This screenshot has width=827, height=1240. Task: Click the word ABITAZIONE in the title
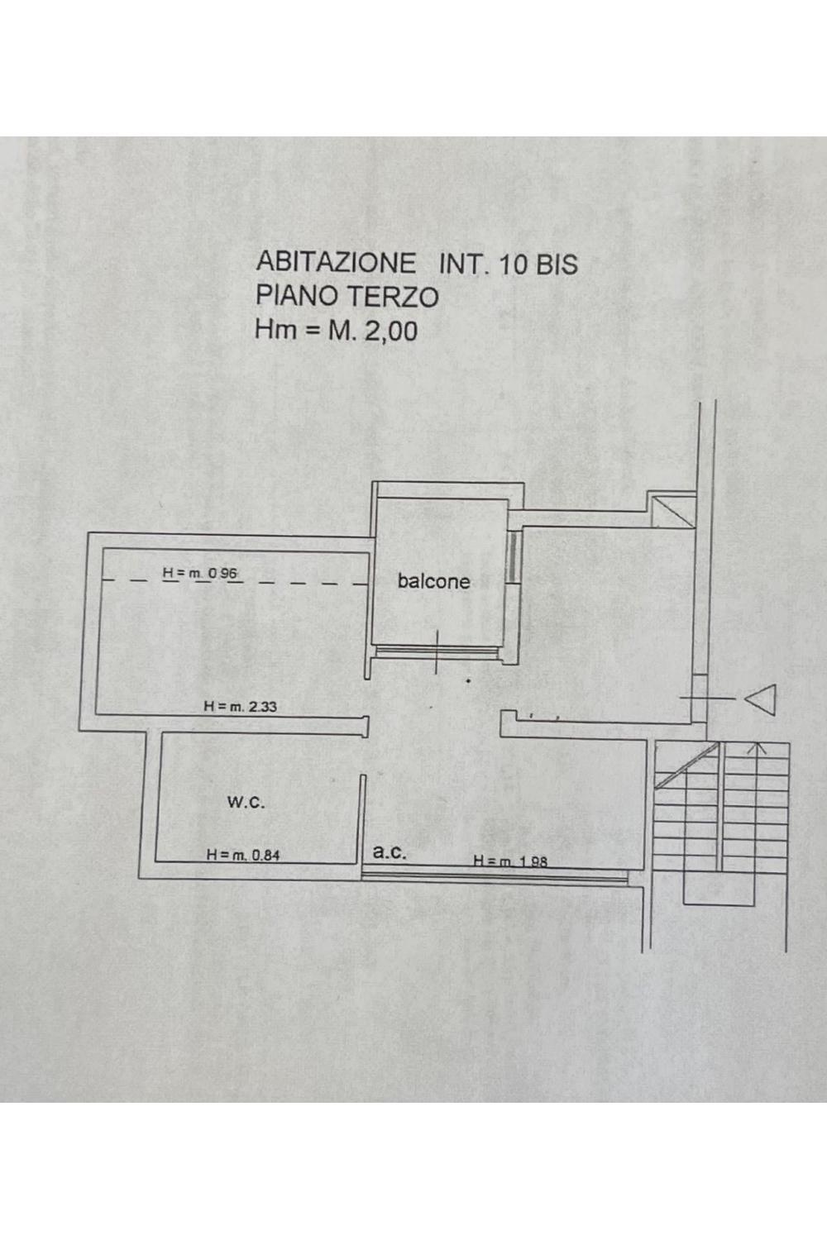tap(335, 262)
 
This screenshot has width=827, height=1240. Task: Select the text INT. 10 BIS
tap(508, 264)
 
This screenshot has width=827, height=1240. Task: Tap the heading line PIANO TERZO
tap(347, 296)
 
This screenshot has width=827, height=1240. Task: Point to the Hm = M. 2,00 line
tap(337, 331)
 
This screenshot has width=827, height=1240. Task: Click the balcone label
tap(433, 581)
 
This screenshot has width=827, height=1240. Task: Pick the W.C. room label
tap(246, 804)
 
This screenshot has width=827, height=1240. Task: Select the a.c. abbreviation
tap(390, 852)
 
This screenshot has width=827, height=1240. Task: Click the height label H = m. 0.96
tap(200, 574)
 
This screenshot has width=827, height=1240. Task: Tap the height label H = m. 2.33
tap(241, 706)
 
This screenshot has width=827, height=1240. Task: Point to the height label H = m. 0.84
tap(243, 855)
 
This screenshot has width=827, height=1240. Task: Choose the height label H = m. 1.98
tap(510, 861)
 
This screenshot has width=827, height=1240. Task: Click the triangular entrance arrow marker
tap(760, 699)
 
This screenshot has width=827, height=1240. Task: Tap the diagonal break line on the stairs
tap(687, 765)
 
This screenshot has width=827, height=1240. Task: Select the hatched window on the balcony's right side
tap(514, 556)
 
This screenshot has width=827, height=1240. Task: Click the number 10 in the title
tap(512, 265)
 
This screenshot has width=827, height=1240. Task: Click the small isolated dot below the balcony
tap(469, 681)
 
